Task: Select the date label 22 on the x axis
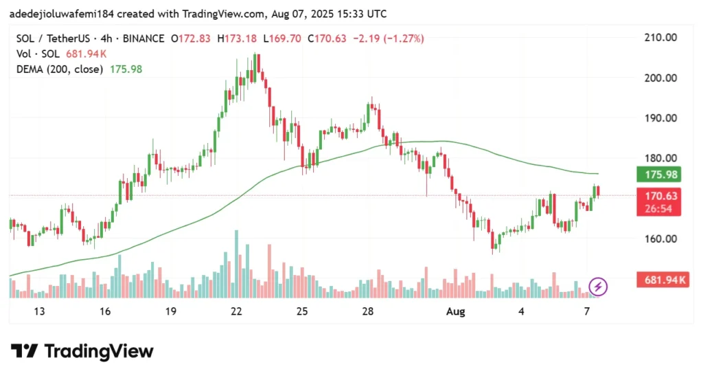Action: (236, 311)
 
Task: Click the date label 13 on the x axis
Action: (38, 311)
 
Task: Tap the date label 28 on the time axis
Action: (367, 311)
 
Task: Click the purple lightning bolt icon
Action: (598, 286)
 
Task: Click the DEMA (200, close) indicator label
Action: (59, 69)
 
